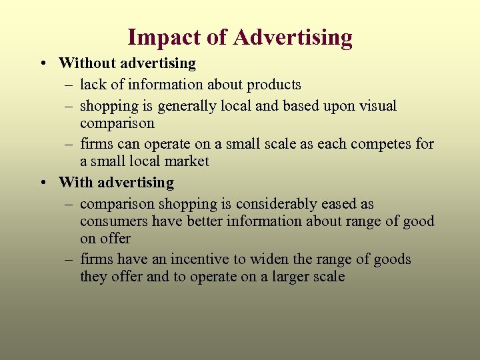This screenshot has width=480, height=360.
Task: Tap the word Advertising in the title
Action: point(293,37)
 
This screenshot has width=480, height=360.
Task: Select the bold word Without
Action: point(84,63)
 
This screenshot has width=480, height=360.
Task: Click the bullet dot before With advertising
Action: point(42,183)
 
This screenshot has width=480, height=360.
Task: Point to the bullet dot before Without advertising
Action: point(42,64)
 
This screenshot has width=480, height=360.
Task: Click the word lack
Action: point(92,85)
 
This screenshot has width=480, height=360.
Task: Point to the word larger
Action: point(295,277)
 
